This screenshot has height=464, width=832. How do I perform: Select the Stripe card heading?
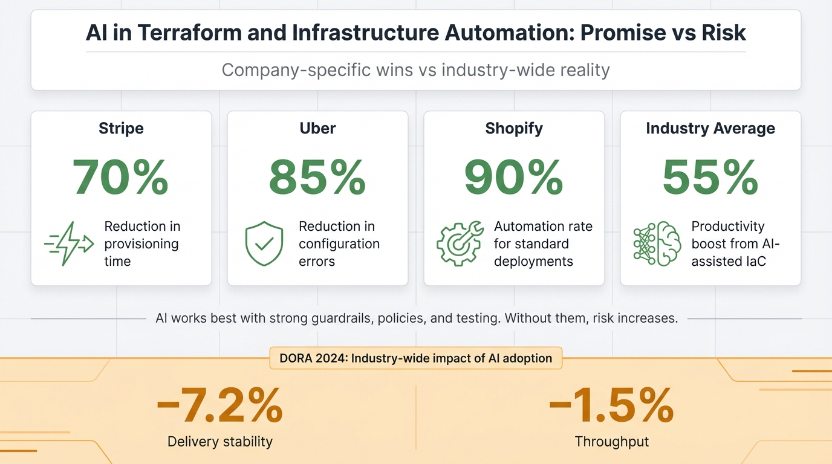point(121,128)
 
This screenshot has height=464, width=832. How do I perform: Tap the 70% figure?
point(120,176)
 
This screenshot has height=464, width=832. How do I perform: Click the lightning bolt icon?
point(68,244)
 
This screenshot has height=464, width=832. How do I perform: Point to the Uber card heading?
point(317,128)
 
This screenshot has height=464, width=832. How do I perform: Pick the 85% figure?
point(317,176)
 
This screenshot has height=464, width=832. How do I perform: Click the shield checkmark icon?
point(264,244)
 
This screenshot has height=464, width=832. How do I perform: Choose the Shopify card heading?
point(514,128)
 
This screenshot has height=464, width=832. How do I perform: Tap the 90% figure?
point(514,176)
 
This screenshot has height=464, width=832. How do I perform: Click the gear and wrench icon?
point(460,244)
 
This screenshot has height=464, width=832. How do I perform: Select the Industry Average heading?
point(710,128)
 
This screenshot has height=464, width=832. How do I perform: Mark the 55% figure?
point(710,176)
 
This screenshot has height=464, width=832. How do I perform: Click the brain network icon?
point(657,244)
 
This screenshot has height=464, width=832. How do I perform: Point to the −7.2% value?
point(219,405)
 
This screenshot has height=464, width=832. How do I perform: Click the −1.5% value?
point(611,405)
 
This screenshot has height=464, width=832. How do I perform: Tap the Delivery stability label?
point(219,442)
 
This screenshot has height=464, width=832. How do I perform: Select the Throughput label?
point(611,442)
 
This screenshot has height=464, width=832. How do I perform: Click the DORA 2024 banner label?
point(415,358)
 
